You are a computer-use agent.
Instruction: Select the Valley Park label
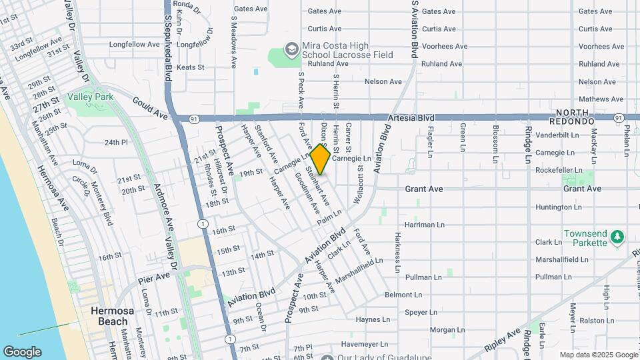90,97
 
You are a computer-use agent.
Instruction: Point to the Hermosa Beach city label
109,316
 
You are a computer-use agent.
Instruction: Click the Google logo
21,351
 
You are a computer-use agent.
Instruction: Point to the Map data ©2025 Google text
599,355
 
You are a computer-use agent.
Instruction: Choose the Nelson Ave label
383,81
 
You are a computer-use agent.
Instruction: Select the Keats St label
190,67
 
